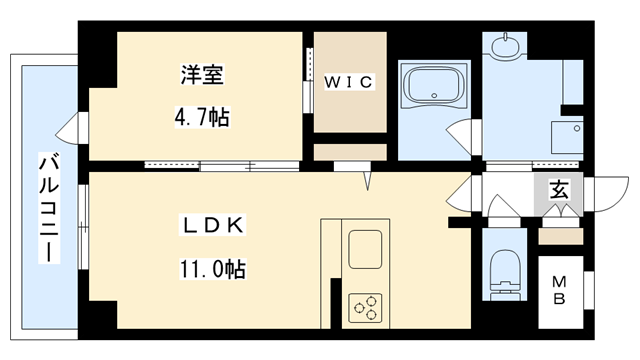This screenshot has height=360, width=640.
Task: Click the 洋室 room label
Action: point(201,76)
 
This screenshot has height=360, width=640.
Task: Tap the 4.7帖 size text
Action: point(201,117)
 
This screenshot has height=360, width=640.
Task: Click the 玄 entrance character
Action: point(558,187)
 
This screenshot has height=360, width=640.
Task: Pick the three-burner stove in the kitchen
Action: point(363,306)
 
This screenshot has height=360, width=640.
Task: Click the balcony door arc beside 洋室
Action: point(71,131)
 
